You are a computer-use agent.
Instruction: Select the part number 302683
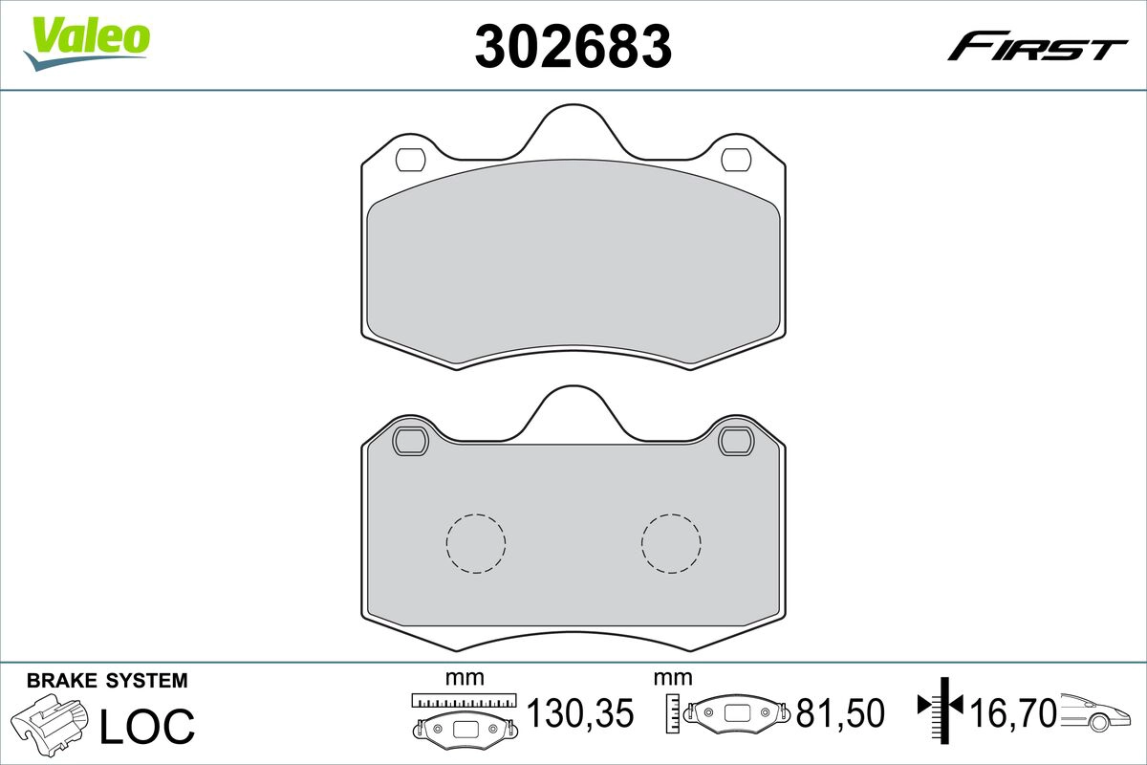(573, 46)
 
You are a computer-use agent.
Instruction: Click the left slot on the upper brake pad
(412, 159)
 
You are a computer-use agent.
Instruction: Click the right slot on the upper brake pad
(735, 159)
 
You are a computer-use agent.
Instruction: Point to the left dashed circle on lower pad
(475, 543)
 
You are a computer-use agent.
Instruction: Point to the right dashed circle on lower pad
(671, 543)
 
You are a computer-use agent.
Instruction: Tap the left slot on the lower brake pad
(412, 441)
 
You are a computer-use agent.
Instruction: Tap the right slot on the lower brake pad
(735, 441)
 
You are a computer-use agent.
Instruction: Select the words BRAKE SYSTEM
(107, 681)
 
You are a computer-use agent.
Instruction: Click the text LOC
(148, 725)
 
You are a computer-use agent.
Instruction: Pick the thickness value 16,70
(1012, 712)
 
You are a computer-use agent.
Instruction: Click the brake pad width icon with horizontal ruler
(465, 717)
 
